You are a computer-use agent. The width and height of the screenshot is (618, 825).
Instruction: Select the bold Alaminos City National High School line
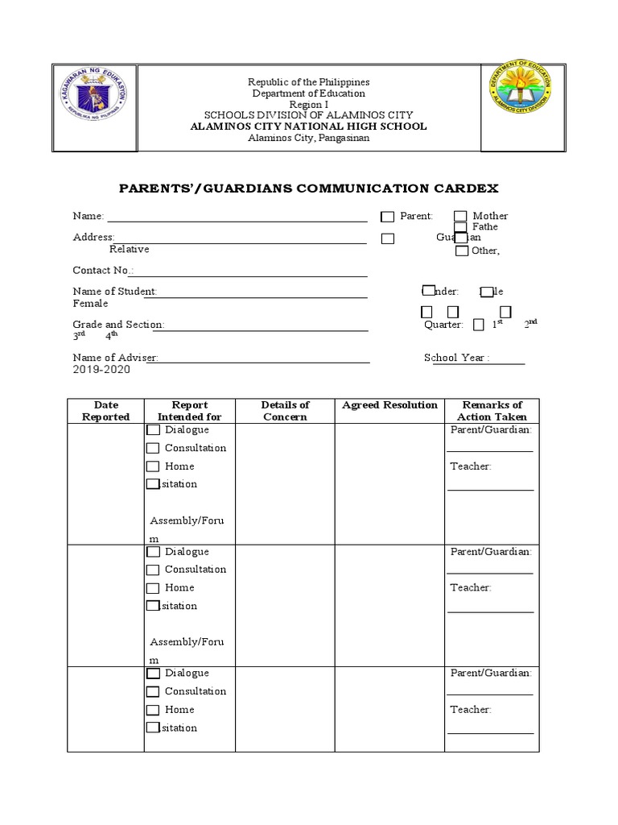(308, 126)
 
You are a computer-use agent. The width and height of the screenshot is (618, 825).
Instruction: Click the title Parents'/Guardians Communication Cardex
(309, 189)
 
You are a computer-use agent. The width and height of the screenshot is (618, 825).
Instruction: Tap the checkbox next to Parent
(388, 217)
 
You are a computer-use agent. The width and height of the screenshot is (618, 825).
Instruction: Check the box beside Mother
(460, 216)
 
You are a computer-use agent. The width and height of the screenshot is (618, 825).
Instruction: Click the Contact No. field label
(103, 271)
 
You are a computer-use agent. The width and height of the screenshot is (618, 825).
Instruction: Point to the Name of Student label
(114, 292)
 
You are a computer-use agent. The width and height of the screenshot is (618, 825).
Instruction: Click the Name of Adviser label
(115, 358)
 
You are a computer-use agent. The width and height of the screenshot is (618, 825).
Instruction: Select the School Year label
(455, 358)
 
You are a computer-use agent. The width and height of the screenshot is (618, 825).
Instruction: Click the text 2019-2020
(101, 370)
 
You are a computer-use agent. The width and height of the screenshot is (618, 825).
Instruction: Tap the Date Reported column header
(105, 411)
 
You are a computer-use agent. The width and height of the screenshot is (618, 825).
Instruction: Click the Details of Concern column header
(285, 411)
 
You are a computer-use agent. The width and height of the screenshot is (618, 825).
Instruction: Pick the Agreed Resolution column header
(389, 405)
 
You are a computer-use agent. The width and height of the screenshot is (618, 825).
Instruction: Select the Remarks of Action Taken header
(492, 411)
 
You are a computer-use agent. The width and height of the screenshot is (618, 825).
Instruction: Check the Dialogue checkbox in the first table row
(153, 430)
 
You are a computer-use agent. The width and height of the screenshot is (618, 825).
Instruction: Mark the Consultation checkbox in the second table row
(153, 570)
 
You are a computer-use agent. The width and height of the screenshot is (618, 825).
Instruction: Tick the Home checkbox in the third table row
(153, 711)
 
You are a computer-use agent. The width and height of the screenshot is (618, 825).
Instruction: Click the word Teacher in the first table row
(471, 466)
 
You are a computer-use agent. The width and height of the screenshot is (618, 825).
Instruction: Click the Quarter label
(443, 325)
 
